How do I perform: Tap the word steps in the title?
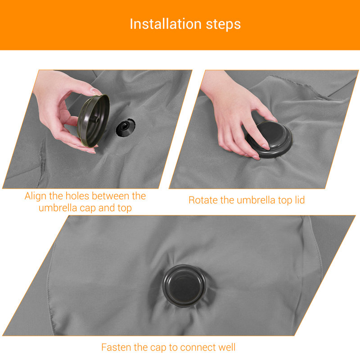223,25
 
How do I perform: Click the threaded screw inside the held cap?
94,119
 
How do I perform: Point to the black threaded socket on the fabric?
125,127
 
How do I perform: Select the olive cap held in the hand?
93,121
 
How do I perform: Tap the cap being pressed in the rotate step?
269,139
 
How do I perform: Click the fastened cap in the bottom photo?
184,285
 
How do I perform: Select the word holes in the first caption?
77,196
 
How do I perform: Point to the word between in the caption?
111,196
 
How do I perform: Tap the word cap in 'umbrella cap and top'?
88,208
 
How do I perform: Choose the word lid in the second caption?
299,200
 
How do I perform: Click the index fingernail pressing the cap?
266,147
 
